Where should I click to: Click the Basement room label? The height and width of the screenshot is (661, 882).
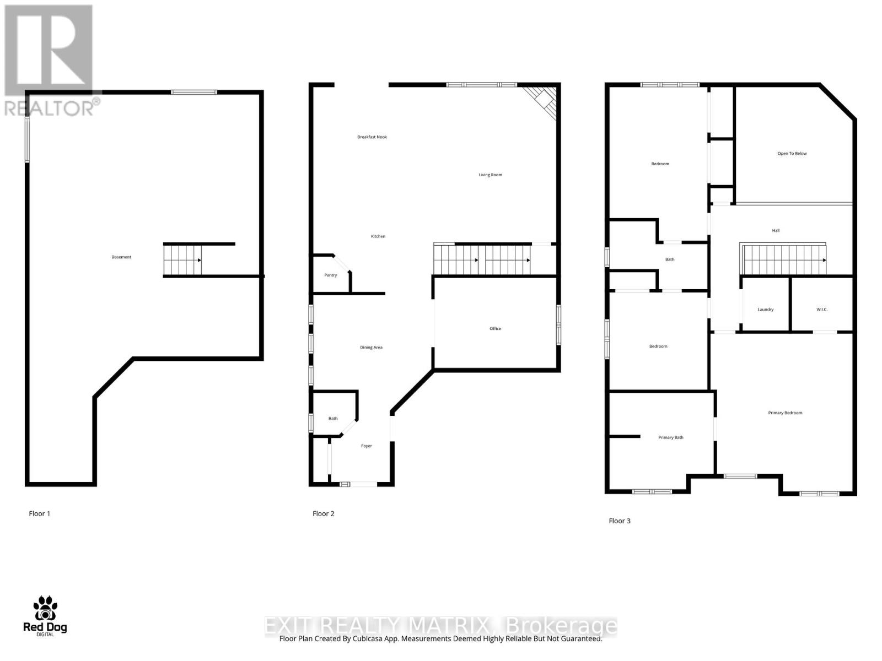click(x=121, y=257)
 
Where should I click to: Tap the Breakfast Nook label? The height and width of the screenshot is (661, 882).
click(x=372, y=137)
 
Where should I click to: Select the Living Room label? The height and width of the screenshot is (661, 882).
click(x=490, y=175)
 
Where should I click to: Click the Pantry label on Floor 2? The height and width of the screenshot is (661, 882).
click(x=330, y=275)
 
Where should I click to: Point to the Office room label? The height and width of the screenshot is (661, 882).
click(x=495, y=329)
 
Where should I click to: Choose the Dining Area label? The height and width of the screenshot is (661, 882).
click(x=371, y=348)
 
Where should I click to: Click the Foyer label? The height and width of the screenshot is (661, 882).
click(x=367, y=446)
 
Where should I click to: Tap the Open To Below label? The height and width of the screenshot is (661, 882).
click(x=792, y=154)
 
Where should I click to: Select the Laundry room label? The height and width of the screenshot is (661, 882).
click(x=765, y=310)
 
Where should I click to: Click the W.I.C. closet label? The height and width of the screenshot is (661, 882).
click(x=822, y=310)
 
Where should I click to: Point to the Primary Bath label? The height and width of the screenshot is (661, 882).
click(x=670, y=438)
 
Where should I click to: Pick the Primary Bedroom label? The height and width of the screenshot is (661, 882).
click(x=785, y=413)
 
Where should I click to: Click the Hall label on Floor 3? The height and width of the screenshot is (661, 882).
click(x=776, y=231)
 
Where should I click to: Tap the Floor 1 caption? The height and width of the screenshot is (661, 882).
click(x=40, y=514)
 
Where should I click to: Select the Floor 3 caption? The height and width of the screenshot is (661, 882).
click(x=620, y=521)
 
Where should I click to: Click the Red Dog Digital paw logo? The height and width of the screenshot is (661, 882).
click(x=45, y=609)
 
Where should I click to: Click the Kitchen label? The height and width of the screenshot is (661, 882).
click(x=378, y=236)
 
